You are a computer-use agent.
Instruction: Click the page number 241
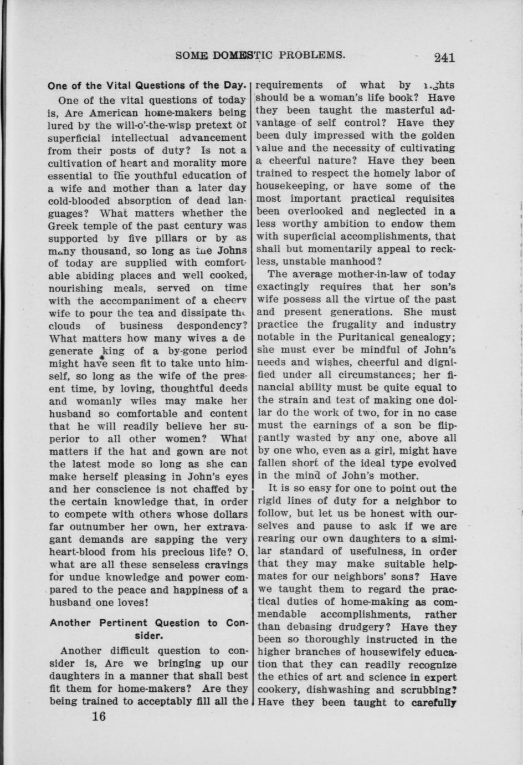coord(444,57)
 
